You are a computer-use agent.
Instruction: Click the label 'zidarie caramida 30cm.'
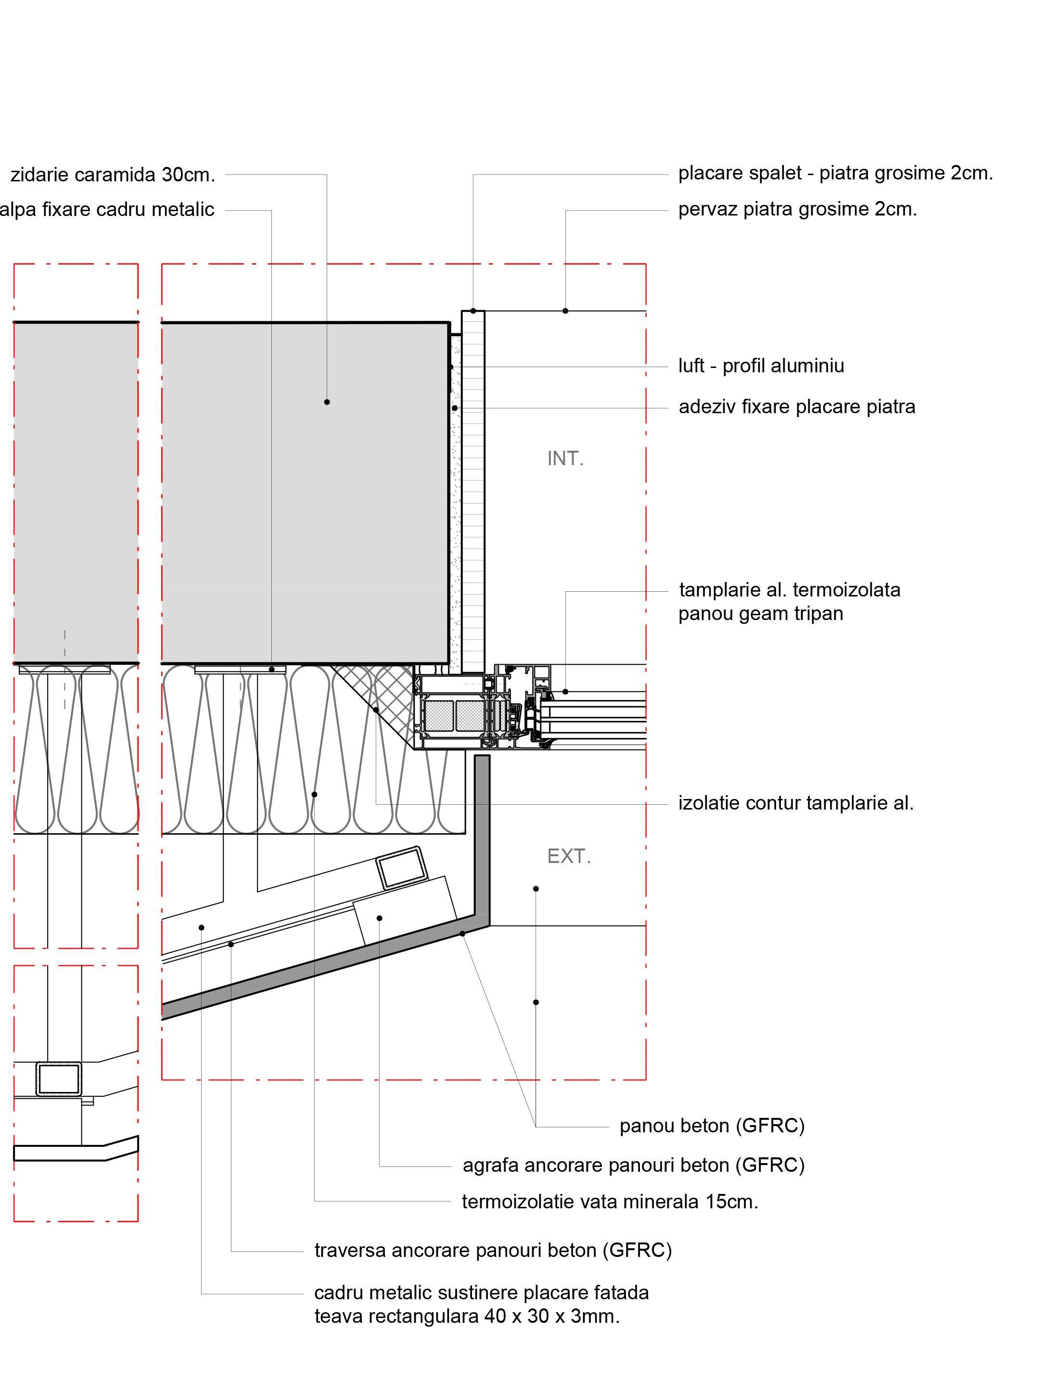pyautogui.click(x=113, y=175)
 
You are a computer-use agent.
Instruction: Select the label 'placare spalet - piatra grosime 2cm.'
pyautogui.click(x=835, y=173)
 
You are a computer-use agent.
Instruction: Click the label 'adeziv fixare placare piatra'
pyautogui.click(x=796, y=406)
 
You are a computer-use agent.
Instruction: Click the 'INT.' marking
pyautogui.click(x=565, y=459)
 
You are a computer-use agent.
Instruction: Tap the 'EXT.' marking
pyautogui.click(x=569, y=856)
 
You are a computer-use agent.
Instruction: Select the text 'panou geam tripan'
pyautogui.click(x=760, y=613)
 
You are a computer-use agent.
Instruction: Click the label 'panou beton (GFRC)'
pyautogui.click(x=712, y=1125)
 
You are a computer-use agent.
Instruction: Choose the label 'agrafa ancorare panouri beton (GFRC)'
pyautogui.click(x=633, y=1165)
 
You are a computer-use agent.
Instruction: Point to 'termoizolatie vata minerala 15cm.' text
pyautogui.click(x=610, y=1201)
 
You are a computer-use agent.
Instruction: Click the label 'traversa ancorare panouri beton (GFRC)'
pyautogui.click(x=493, y=1250)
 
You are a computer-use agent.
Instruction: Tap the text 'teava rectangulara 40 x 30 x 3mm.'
pyautogui.click(x=467, y=1316)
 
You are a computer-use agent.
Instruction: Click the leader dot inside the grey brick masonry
pyautogui.click(x=327, y=402)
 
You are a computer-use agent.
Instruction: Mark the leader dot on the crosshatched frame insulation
pyautogui.click(x=376, y=710)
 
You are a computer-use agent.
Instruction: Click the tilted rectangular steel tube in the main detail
pyautogui.click(x=401, y=867)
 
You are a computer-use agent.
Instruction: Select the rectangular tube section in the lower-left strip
pyautogui.click(x=59, y=1078)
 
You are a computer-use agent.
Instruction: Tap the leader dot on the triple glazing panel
pyautogui.click(x=565, y=692)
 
